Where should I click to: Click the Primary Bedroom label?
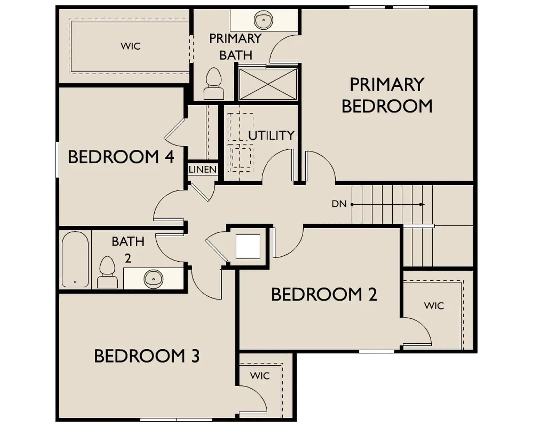(387, 95)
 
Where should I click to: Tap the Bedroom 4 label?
(121, 157)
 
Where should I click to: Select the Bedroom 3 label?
(147, 356)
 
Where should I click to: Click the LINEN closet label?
(203, 170)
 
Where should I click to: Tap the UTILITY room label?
(271, 135)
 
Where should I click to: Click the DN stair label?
(339, 204)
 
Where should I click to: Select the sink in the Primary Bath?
(263, 20)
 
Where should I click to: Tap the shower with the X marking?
(268, 84)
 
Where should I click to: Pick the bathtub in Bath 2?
(75, 259)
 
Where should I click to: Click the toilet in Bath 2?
(107, 272)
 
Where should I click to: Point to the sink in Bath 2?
(153, 279)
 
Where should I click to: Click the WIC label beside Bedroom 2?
(434, 306)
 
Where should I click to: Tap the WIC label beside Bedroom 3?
(260, 376)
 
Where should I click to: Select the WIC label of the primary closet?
(131, 46)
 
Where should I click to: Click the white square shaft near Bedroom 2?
(248, 247)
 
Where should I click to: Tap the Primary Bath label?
(235, 47)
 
